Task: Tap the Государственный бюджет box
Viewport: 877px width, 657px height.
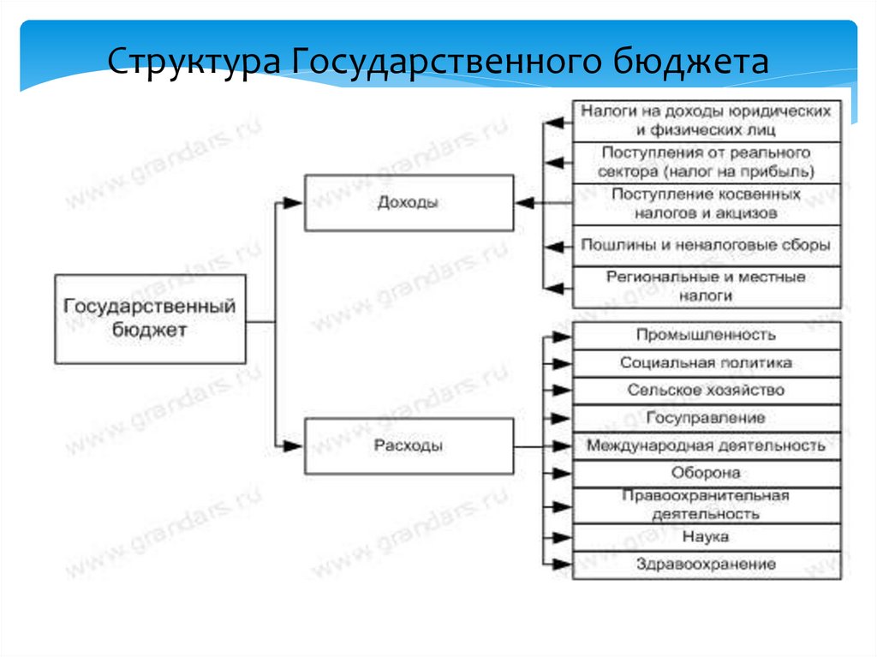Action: point(150,318)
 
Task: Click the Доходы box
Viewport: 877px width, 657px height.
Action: point(409,203)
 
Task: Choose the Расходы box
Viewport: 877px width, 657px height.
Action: point(409,446)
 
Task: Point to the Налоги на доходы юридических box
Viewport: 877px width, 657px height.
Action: point(706,121)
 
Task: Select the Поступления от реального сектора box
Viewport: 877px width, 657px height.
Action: point(706,162)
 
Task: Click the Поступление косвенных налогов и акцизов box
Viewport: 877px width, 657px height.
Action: point(706,204)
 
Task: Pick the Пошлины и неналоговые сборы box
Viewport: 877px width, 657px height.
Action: point(706,245)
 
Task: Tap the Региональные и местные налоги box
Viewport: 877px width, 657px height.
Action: point(706,287)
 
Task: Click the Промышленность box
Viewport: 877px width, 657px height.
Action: point(706,335)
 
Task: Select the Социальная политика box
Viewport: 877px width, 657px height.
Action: point(706,362)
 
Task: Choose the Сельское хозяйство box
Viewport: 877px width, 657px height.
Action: point(706,390)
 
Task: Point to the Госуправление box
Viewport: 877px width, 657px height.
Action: point(706,418)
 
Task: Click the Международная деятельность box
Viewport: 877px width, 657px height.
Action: point(706,445)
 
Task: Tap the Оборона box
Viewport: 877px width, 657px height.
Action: point(706,473)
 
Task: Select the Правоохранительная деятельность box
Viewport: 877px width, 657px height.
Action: point(706,505)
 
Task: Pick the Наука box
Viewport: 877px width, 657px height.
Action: point(706,536)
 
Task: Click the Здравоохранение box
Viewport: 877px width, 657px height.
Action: point(706,564)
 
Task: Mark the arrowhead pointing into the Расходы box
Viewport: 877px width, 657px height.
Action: point(294,445)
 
